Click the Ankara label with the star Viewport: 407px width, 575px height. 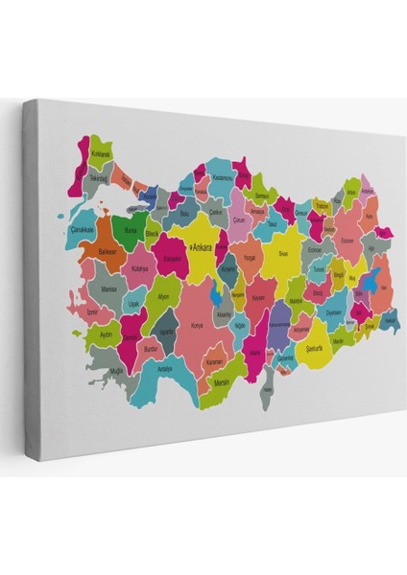(203, 247)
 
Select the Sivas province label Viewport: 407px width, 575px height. (283, 253)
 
